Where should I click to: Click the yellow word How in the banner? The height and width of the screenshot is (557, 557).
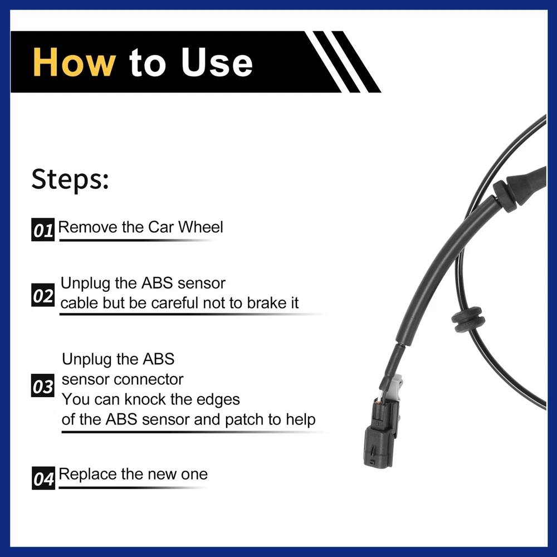click(74, 62)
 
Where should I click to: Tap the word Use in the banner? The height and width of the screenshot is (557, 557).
click(217, 62)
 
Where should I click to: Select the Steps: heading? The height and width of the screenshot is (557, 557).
click(70, 179)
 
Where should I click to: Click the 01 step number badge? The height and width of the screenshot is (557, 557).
click(43, 230)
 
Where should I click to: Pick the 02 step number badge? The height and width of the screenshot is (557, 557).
click(43, 295)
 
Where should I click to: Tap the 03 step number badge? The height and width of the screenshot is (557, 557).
click(43, 385)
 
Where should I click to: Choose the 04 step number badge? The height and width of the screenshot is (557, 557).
click(43, 478)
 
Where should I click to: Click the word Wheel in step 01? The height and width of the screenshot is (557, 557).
click(201, 227)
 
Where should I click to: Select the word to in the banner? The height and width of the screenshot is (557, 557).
click(148, 63)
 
